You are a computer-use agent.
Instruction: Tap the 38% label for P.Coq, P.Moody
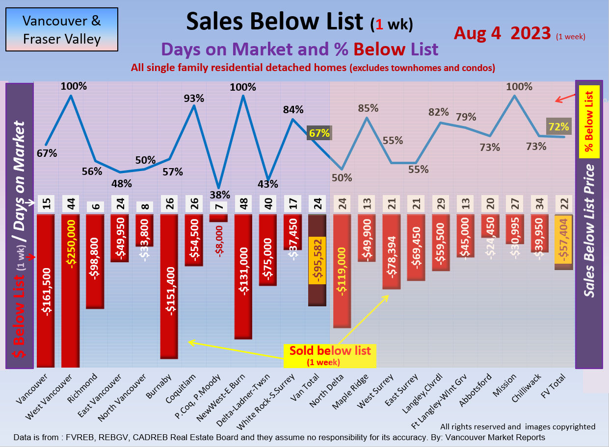pos(219,194)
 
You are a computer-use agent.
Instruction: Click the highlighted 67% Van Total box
pos(319,133)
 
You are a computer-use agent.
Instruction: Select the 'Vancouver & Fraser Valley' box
pos(62,29)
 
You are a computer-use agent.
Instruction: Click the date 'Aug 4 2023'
pos(502,33)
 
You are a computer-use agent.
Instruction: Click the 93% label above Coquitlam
pos(194,98)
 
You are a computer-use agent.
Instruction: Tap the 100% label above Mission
pos(520,87)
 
